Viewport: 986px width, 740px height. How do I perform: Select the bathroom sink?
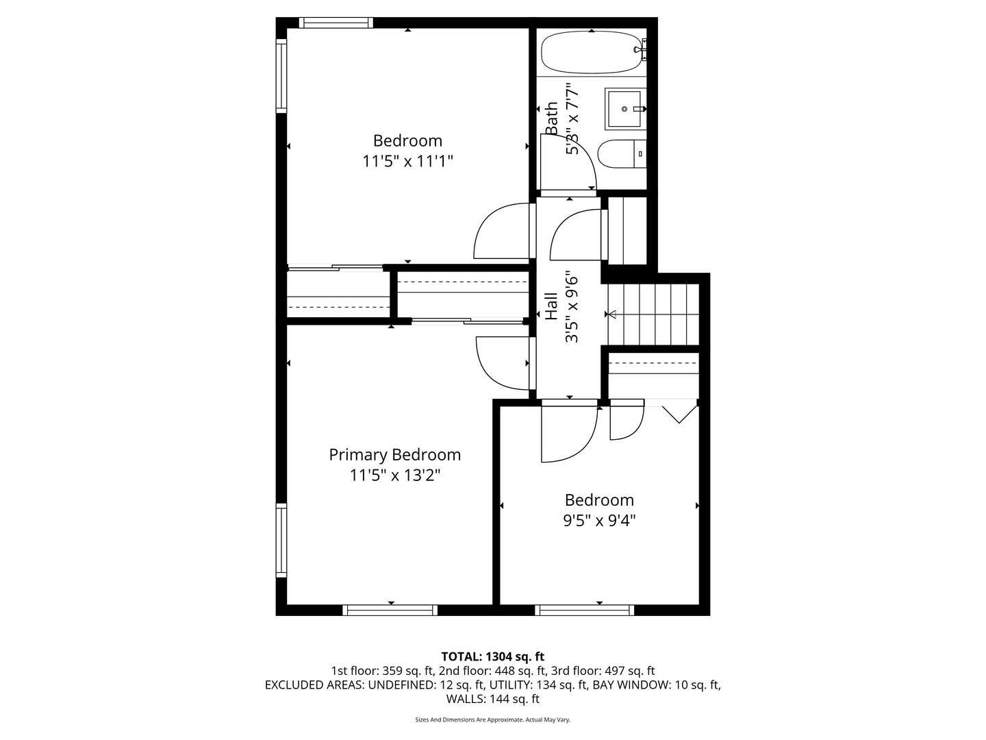(x=624, y=109)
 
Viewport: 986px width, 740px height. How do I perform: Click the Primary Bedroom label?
(x=394, y=455)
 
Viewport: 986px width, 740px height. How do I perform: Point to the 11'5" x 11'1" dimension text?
(x=407, y=162)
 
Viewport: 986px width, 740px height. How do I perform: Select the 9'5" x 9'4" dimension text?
(x=599, y=521)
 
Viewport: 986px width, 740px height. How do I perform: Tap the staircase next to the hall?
(x=654, y=314)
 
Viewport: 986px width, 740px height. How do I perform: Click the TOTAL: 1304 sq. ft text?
(x=492, y=656)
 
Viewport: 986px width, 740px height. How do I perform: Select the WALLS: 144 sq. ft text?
(x=492, y=699)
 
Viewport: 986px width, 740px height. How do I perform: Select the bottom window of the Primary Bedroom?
(x=390, y=610)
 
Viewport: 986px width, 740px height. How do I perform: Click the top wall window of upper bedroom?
(x=337, y=23)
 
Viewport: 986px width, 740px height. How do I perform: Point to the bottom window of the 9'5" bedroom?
(x=584, y=610)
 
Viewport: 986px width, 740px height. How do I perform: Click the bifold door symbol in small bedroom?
(x=679, y=413)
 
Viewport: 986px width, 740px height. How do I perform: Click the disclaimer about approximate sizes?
(x=492, y=720)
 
